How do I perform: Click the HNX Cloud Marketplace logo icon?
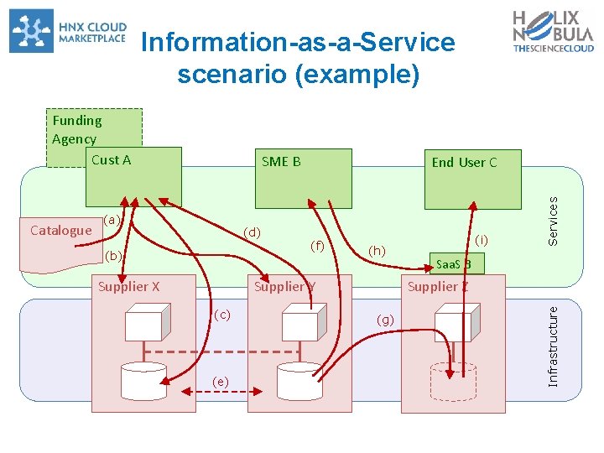pyautogui.click(x=31, y=31)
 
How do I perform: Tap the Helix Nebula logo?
pyautogui.click(x=553, y=31)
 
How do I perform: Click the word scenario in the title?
pyautogui.click(x=232, y=74)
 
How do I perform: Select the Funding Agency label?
pyautogui.click(x=77, y=129)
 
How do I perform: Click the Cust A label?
pyautogui.click(x=112, y=160)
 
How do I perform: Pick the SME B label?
pyautogui.click(x=281, y=161)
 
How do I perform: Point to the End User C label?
pyautogui.click(x=464, y=163)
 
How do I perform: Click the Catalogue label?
pyautogui.click(x=61, y=231)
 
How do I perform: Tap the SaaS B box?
pyautogui.click(x=457, y=263)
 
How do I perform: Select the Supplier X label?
pyautogui.click(x=128, y=287)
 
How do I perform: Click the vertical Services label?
pyautogui.click(x=553, y=221)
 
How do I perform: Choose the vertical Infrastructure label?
pyautogui.click(x=553, y=346)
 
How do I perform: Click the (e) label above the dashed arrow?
pyautogui.click(x=221, y=382)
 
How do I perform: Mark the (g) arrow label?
pyautogui.click(x=385, y=320)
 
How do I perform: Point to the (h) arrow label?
pyautogui.click(x=377, y=251)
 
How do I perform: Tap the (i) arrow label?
pyautogui.click(x=482, y=240)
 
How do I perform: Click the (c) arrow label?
pyautogui.click(x=222, y=315)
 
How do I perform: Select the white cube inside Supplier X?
pyautogui.click(x=148, y=322)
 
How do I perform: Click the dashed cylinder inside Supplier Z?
pyautogui.click(x=453, y=382)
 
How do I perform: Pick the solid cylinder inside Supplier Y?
pyautogui.click(x=299, y=382)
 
